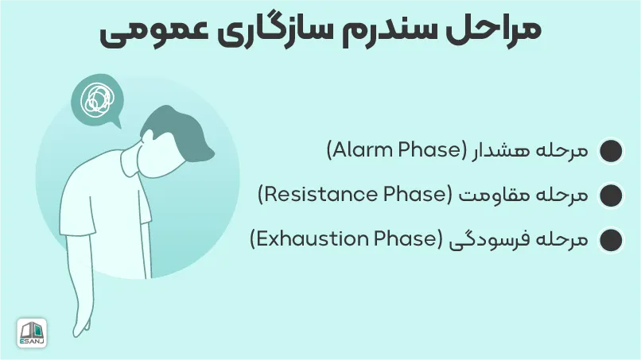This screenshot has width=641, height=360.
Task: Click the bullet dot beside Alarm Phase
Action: tap(611, 151)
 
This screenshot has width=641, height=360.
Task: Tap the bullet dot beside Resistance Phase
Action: tap(611, 195)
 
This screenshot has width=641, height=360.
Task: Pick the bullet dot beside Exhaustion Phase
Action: tap(611, 240)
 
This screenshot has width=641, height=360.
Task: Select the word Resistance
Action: tap(320, 195)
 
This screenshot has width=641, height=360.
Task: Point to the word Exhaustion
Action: tap(312, 239)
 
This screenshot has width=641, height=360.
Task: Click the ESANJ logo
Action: tap(32, 333)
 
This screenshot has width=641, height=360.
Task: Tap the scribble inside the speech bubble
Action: tap(96, 100)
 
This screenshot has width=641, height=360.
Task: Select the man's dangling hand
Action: tap(82, 323)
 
